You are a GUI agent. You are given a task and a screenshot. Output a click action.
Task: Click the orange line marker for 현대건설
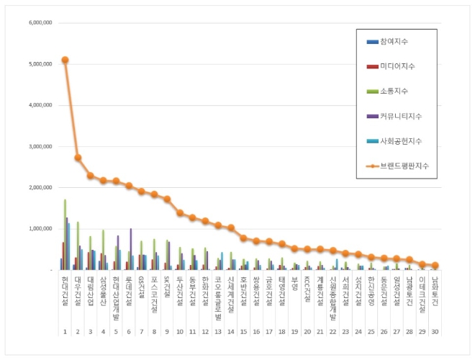tap(65, 60)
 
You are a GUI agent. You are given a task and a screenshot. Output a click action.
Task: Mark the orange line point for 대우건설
tap(78, 158)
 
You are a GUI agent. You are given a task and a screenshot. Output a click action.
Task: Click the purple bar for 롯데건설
tap(130, 249)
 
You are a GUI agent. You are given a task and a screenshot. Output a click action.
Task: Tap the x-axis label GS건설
tap(142, 284)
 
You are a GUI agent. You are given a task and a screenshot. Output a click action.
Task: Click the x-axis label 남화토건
tap(435, 289)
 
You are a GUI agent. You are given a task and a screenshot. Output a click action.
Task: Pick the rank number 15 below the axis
tap(243, 331)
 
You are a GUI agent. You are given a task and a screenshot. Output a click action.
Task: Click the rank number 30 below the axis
tap(435, 331)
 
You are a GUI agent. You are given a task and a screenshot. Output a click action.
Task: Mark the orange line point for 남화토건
tap(435, 266)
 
